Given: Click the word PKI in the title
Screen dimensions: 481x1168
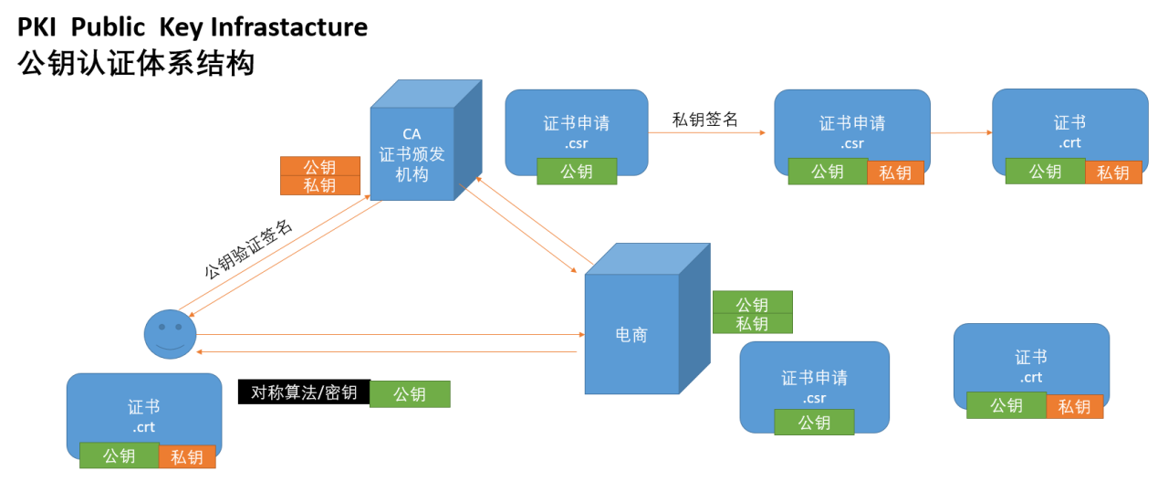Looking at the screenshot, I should pos(37,27).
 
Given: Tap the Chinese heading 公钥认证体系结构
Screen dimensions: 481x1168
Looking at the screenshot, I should pos(136,64).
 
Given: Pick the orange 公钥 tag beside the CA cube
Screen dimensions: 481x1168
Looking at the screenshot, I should pos(319,167).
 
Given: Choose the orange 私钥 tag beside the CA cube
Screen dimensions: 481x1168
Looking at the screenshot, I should pos(319,185).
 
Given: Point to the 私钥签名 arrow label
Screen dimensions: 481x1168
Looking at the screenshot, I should pos(704,119).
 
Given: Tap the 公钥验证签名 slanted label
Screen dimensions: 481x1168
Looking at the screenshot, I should pos(248,248).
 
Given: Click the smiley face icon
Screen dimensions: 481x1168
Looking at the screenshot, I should pos(170,334).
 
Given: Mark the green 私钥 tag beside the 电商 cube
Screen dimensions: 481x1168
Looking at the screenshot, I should pos(752,323).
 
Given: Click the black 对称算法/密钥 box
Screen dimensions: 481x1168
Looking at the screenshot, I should pos(304,392).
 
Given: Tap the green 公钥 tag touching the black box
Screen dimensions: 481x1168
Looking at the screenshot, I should pos(410,394).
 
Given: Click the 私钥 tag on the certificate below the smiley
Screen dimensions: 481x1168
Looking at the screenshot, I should pos(187,456).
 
